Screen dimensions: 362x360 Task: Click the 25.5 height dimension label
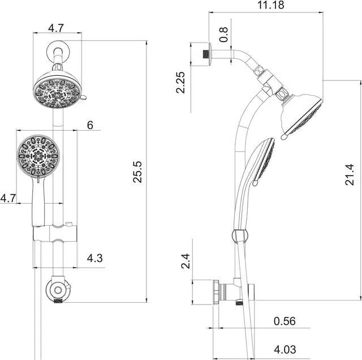tap(137, 172)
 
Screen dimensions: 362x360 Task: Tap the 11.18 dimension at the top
tap(270, 5)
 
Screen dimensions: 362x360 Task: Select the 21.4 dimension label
tap(350, 174)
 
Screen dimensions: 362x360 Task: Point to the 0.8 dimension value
tap(223, 35)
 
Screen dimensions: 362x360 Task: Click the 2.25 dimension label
tap(180, 83)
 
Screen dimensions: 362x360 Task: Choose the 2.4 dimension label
tap(186, 261)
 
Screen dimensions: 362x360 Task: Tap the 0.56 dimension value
tap(285, 321)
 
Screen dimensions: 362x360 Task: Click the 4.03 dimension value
tap(285, 349)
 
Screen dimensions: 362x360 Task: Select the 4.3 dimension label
tap(94, 258)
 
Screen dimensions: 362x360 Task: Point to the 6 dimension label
tap(90, 125)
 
